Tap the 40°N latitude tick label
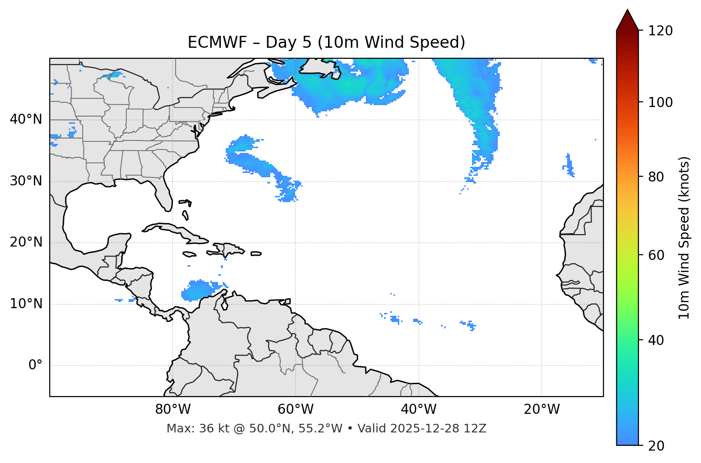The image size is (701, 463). (26, 119)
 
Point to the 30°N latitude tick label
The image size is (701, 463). (26, 181)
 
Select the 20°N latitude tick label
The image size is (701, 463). (26, 242)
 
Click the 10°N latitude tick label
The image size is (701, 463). (26, 304)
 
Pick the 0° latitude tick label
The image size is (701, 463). (35, 366)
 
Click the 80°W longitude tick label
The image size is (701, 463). (173, 409)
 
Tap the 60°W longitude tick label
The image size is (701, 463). (296, 409)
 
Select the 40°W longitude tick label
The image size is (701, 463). (418, 409)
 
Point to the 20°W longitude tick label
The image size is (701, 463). (541, 409)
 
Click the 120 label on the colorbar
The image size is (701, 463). (660, 31)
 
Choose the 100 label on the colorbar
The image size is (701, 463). (660, 102)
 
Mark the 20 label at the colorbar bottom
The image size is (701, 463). (656, 446)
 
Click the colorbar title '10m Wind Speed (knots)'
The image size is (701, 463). (684, 237)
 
